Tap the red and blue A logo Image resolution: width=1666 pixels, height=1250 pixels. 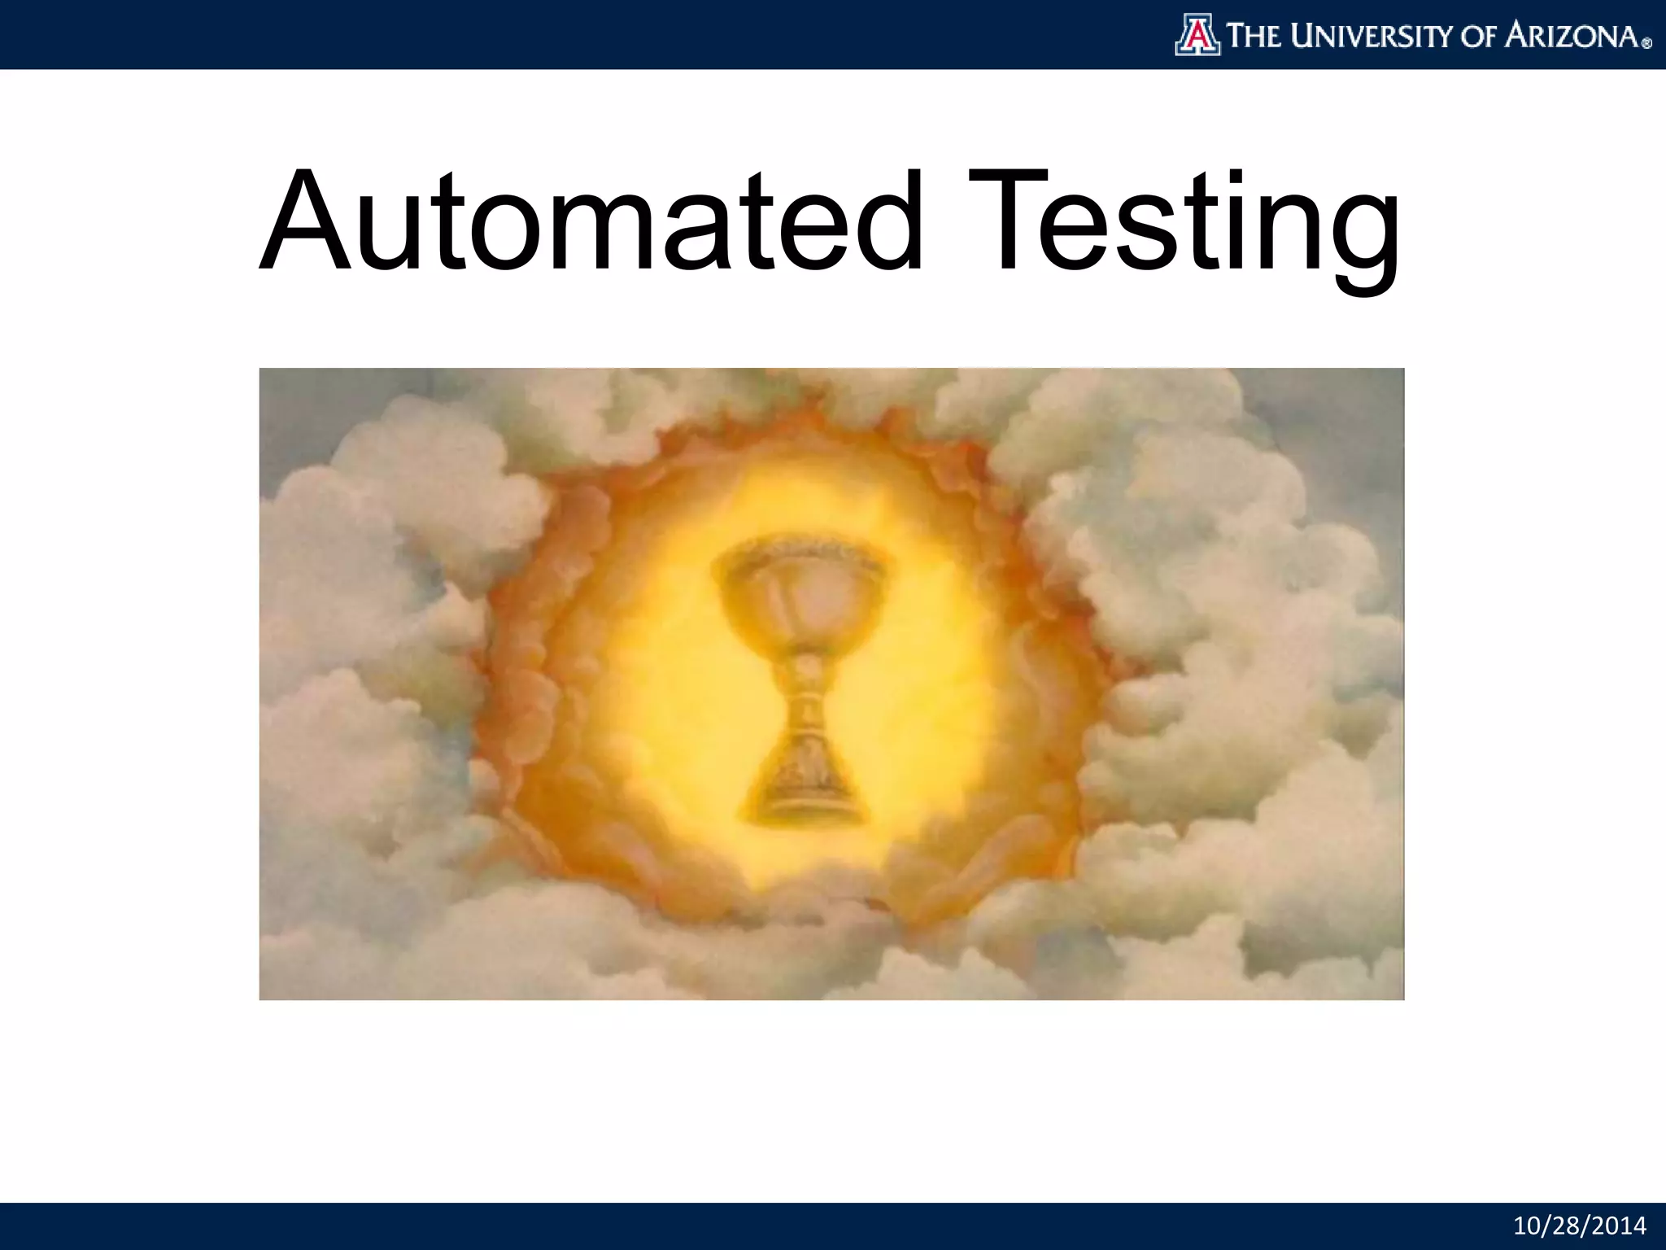click(1197, 36)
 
